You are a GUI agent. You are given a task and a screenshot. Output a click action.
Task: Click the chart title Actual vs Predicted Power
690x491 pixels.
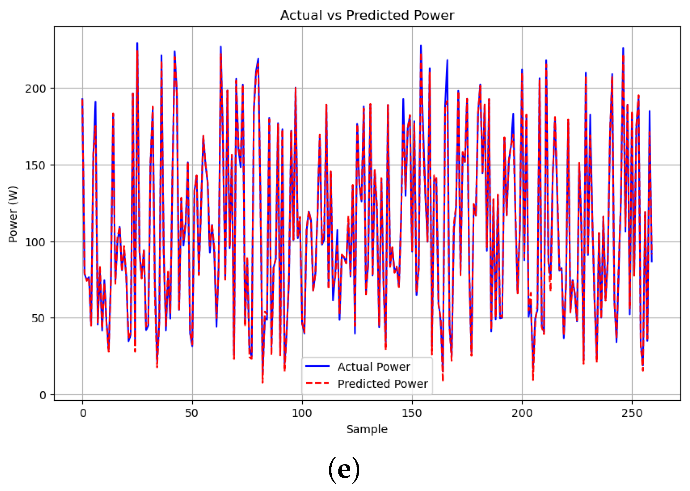pyautogui.click(x=367, y=15)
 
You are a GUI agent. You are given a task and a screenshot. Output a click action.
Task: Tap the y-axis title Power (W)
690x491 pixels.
pyautogui.click(x=13, y=214)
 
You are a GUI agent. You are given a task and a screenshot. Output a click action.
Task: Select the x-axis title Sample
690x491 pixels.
pyautogui.click(x=367, y=429)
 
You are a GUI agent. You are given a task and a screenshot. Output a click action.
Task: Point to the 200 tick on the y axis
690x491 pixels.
pyautogui.click(x=35, y=89)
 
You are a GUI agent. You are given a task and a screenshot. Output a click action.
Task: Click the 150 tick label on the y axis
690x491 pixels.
pyautogui.click(x=35, y=165)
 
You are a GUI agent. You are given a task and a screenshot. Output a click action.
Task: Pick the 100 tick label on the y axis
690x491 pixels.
pyautogui.click(x=35, y=242)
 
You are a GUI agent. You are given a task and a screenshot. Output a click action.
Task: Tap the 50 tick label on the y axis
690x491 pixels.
pyautogui.click(x=38, y=318)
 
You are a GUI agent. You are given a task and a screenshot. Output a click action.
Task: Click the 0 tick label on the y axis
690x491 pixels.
pyautogui.click(x=42, y=395)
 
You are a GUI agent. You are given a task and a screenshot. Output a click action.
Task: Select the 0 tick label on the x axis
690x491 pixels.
pyautogui.click(x=83, y=413)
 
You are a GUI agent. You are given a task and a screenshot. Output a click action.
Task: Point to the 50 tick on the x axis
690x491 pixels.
pyautogui.click(x=192, y=413)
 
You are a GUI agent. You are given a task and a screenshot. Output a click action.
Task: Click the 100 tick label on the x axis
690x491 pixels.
pyautogui.click(x=302, y=413)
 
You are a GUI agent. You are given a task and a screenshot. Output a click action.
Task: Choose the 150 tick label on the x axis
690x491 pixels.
pyautogui.click(x=412, y=413)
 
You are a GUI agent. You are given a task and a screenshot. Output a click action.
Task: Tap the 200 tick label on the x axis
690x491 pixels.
pyautogui.click(x=522, y=413)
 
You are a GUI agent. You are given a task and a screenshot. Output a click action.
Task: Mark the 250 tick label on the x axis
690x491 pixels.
pyautogui.click(x=632, y=413)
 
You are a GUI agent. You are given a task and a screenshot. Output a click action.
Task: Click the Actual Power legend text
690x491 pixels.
pyautogui.click(x=374, y=367)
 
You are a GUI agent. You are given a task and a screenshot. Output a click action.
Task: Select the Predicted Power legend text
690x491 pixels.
pyautogui.click(x=382, y=384)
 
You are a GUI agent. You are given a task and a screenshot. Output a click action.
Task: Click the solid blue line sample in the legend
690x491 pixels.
pyautogui.click(x=317, y=366)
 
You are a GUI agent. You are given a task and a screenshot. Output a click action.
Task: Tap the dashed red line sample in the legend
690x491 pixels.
pyautogui.click(x=317, y=383)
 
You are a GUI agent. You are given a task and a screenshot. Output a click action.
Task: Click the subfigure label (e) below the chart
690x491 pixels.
pyautogui.click(x=344, y=469)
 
